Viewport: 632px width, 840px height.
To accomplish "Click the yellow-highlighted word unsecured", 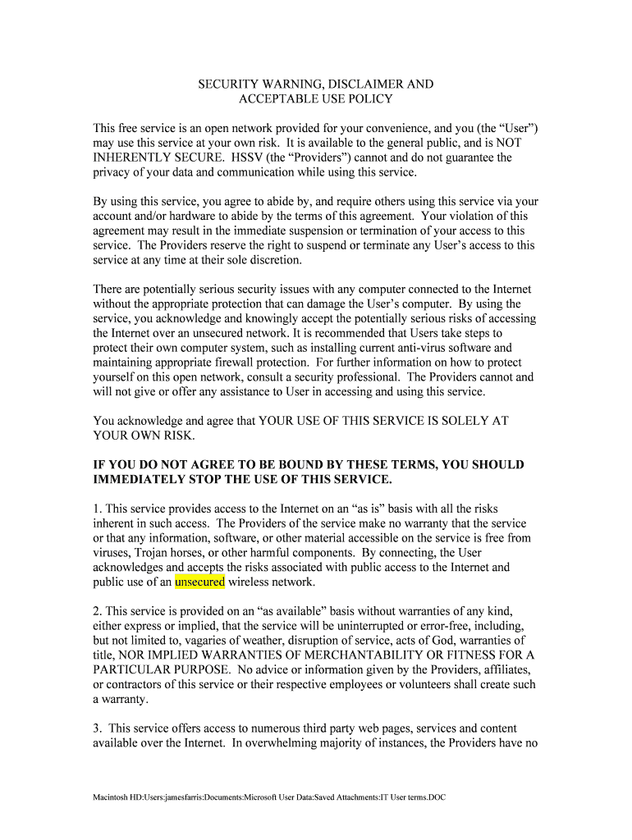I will point(199,582).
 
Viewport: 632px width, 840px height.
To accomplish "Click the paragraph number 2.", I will point(97,611).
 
